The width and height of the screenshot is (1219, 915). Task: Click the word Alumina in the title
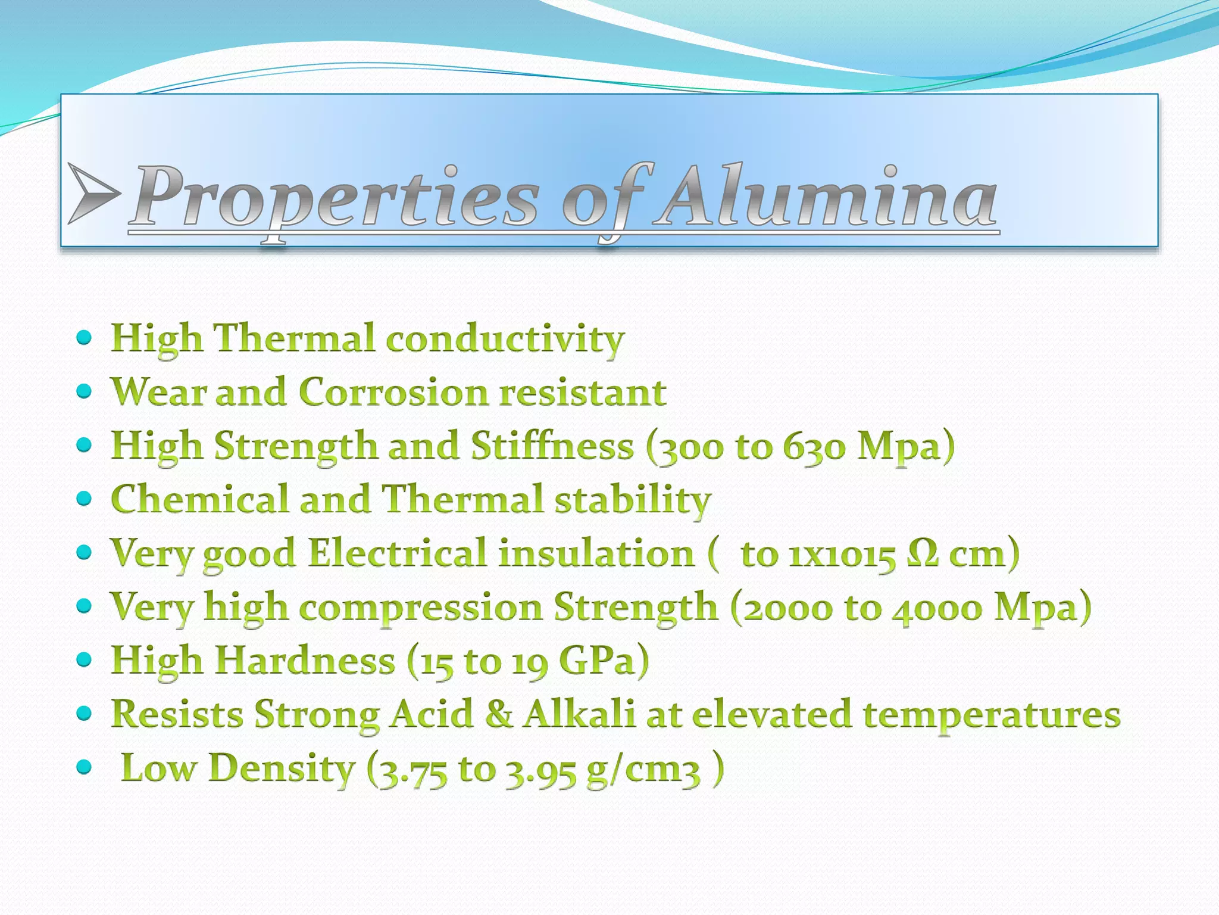[x=824, y=197]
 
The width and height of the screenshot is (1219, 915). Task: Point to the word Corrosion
[x=393, y=392]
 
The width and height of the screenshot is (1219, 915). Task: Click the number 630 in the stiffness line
[x=813, y=446]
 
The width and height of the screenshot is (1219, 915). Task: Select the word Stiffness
[x=552, y=446]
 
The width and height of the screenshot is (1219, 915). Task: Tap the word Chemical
[x=199, y=499]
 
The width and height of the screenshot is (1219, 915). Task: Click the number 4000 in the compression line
[x=937, y=608]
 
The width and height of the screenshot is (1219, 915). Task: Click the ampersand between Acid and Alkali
[x=499, y=714]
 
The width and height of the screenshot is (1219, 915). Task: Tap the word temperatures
[x=992, y=715]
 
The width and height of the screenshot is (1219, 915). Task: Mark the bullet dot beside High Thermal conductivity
[x=85, y=338]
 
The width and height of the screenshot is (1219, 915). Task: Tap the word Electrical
[x=398, y=553]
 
